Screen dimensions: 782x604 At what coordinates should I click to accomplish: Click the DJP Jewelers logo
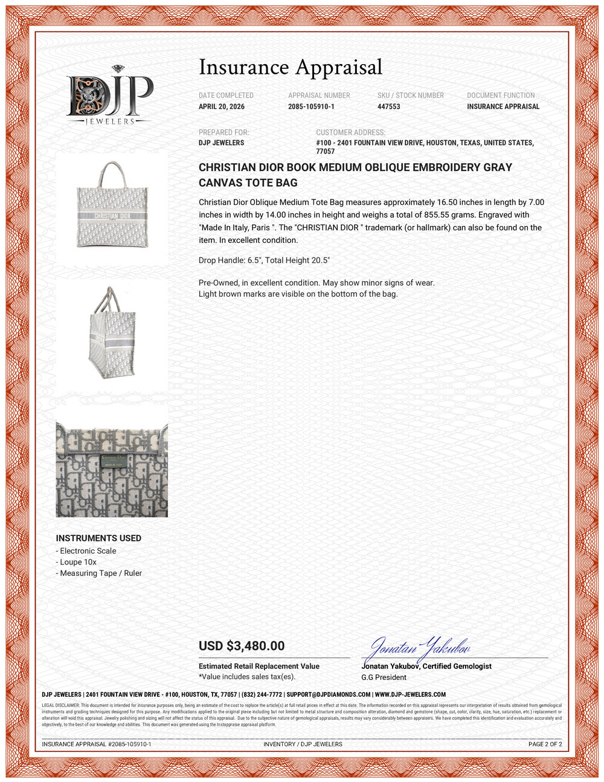coord(109,95)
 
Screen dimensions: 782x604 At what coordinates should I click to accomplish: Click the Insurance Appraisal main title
coord(291,67)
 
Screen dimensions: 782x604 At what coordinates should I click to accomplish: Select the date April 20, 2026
coord(222,106)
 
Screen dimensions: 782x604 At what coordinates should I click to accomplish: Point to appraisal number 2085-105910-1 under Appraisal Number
coord(311,106)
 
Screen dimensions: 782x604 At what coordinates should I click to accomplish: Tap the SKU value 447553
coord(388,106)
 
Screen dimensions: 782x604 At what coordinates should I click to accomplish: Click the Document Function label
coord(501,95)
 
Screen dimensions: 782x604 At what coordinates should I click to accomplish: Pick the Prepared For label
coord(223,132)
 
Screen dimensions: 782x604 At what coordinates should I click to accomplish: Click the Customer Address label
coord(350,132)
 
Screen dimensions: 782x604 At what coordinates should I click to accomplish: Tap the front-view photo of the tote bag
coord(112,205)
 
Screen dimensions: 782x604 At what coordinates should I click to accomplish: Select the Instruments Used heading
coord(98,538)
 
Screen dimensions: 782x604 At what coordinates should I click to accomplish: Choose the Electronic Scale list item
coord(88,551)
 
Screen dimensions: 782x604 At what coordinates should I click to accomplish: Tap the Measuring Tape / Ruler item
coord(100,573)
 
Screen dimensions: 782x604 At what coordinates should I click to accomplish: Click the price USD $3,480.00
coord(242,645)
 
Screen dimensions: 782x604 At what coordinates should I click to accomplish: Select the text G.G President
coord(384,677)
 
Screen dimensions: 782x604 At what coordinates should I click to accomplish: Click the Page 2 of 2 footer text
coord(545,744)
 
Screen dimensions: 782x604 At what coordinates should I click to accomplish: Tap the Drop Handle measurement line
coord(264,260)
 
